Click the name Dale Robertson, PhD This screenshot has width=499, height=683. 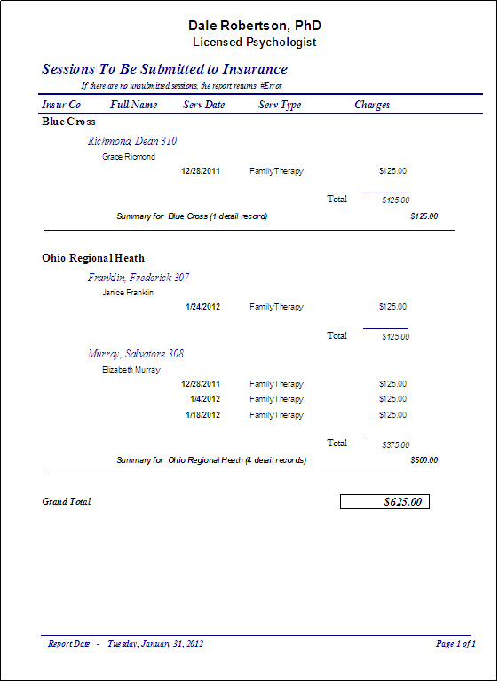pyautogui.click(x=255, y=26)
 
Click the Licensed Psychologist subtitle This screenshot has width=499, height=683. pyautogui.click(x=255, y=42)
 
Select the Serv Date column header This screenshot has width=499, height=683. pyautogui.click(x=204, y=105)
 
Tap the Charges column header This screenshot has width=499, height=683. pyautogui.click(x=372, y=105)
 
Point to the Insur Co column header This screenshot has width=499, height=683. pyautogui.click(x=61, y=105)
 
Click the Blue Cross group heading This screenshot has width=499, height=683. pyautogui.click(x=68, y=122)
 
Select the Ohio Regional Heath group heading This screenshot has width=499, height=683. pyautogui.click(x=93, y=259)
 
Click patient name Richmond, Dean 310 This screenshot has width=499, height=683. pyautogui.click(x=132, y=141)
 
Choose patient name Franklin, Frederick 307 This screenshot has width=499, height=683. pyautogui.click(x=139, y=278)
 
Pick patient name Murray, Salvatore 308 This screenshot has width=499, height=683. pyautogui.click(x=136, y=354)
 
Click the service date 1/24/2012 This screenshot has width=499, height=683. pyautogui.click(x=203, y=307)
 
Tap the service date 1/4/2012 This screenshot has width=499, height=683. pyautogui.click(x=205, y=399)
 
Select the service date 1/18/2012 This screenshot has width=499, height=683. pyautogui.click(x=203, y=414)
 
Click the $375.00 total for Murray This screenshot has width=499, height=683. pyautogui.click(x=395, y=444)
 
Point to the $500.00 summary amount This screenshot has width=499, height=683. pyautogui.click(x=424, y=460)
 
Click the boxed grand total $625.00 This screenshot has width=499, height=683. pyautogui.click(x=385, y=502)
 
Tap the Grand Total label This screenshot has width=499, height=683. pyautogui.click(x=67, y=502)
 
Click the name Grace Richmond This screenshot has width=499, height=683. pyautogui.click(x=129, y=157)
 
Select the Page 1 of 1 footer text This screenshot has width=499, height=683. pyautogui.click(x=456, y=644)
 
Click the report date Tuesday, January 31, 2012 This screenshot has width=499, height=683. pyautogui.click(x=155, y=644)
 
